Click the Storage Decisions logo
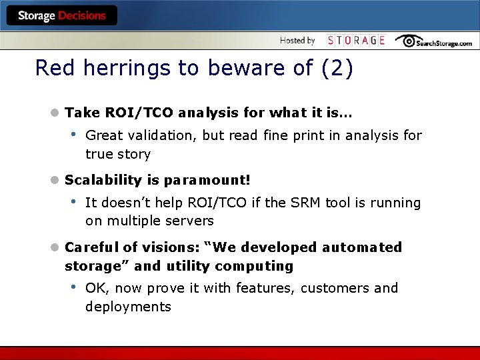pos(61,15)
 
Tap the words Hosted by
pos(297,41)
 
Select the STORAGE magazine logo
pos(356,41)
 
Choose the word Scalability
pos(103,180)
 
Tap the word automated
pos(362,247)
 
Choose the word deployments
pos(128,307)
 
